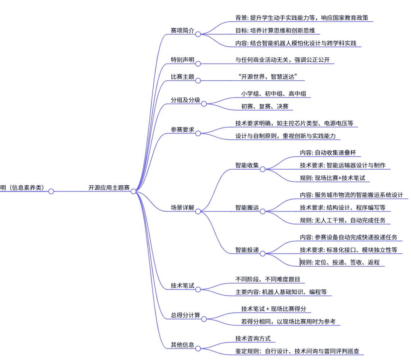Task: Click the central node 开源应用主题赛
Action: point(109,188)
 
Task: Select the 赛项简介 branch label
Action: point(182,31)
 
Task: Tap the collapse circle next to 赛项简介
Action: point(198,34)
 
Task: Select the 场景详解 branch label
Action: point(182,208)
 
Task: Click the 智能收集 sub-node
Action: point(247,165)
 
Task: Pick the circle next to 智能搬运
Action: point(263,211)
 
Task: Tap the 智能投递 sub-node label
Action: point(247,250)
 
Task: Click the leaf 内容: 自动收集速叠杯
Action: point(328,153)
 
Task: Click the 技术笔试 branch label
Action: point(182,286)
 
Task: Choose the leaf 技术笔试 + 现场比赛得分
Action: point(274,309)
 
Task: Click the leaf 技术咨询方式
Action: point(253,338)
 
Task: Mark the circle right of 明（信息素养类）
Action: point(51,191)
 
